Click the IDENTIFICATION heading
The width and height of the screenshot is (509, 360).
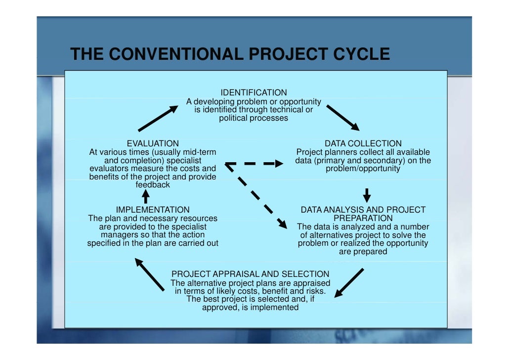point(254,92)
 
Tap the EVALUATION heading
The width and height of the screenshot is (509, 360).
point(153,143)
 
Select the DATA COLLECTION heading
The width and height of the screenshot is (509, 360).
point(363,143)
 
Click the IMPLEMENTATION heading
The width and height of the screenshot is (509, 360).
point(152,210)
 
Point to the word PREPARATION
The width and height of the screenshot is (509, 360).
point(363,218)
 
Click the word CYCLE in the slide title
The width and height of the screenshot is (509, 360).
point(361,54)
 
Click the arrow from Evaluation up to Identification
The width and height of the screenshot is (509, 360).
point(158,118)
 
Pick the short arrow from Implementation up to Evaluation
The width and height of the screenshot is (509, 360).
point(146,196)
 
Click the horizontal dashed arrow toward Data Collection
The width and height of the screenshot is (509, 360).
point(254,163)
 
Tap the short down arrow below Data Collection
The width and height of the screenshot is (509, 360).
point(367,194)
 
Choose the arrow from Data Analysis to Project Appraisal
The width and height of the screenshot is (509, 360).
point(349,283)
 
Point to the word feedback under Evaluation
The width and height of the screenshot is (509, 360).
point(153,185)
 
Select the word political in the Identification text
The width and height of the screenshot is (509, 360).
point(233,118)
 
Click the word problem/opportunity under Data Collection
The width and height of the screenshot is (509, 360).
point(363,169)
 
